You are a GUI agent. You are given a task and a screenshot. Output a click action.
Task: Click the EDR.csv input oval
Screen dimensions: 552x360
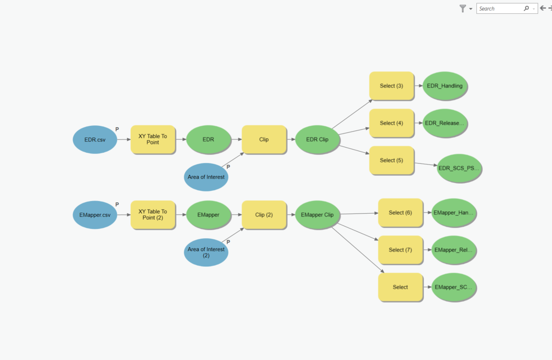pyautogui.click(x=95, y=139)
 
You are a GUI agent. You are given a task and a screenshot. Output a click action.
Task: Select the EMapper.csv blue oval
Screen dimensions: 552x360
pyautogui.click(x=95, y=215)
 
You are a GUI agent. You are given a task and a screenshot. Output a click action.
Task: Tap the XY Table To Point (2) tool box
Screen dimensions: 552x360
pyautogui.click(x=153, y=214)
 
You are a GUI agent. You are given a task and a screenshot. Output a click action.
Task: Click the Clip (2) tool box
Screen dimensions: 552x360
pyautogui.click(x=264, y=214)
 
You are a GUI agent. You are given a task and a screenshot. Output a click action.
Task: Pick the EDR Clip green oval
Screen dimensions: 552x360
pyautogui.click(x=317, y=139)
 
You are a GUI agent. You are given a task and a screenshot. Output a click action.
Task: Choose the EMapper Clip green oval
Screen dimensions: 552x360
pyautogui.click(x=317, y=214)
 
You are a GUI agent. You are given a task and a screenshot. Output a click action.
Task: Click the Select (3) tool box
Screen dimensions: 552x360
pyautogui.click(x=391, y=86)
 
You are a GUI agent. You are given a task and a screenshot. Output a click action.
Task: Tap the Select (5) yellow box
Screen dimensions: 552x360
pyautogui.click(x=391, y=160)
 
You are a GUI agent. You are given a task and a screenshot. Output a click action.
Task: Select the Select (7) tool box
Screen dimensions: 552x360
pyautogui.click(x=400, y=250)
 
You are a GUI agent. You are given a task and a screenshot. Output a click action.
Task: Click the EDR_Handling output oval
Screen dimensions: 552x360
pyautogui.click(x=445, y=86)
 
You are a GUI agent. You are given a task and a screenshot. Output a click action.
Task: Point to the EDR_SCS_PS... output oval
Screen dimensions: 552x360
pyautogui.click(x=459, y=168)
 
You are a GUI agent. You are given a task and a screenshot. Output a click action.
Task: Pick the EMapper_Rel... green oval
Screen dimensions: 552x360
pyautogui.click(x=454, y=250)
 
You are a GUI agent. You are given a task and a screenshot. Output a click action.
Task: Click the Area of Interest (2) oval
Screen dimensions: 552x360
pyautogui.click(x=206, y=253)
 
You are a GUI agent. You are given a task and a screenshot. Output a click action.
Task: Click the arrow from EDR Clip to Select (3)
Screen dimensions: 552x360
pyautogui.click(x=352, y=114)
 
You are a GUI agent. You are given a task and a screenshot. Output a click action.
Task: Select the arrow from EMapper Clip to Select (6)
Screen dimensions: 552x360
pyautogui.click(x=359, y=214)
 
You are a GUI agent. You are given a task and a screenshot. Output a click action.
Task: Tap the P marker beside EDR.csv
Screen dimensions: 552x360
pyautogui.click(x=117, y=129)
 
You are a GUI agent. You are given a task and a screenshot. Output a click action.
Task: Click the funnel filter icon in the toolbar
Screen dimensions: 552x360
pyautogui.click(x=463, y=9)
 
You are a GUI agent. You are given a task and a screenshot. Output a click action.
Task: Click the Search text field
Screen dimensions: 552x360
pyautogui.click(x=500, y=9)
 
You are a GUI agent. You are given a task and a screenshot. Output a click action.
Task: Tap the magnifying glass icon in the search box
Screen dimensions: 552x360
pyautogui.click(x=526, y=9)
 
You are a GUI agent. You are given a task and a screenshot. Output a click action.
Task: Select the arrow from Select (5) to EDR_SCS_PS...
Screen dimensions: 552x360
pyautogui.click(x=426, y=164)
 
